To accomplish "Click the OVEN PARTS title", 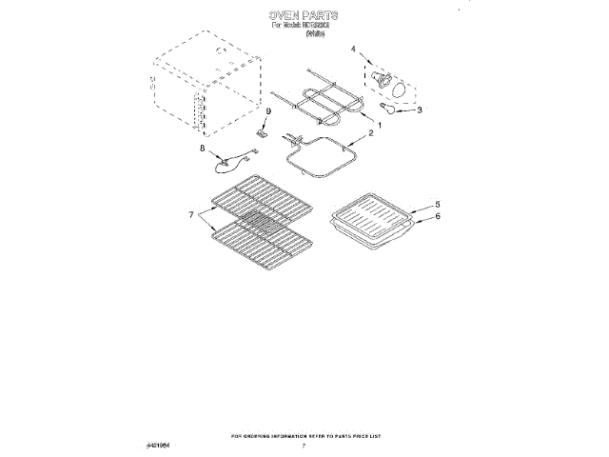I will point(304,16).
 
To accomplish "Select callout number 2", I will point(371,133).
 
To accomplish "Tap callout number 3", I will point(420,109).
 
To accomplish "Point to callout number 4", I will point(354,48).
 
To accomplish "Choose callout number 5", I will point(438,204).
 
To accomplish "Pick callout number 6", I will point(438,216).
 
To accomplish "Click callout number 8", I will point(202,148).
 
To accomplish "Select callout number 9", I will point(268,112).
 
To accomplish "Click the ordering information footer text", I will point(304,435).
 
